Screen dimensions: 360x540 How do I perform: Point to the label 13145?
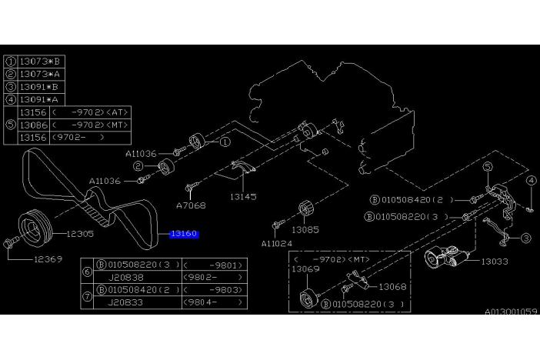[x=242, y=197]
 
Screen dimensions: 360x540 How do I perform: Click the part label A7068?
[x=190, y=205]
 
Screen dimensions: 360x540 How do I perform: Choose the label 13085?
[x=305, y=228]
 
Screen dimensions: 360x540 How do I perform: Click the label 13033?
[x=497, y=262]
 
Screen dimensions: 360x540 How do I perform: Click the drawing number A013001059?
[x=511, y=312]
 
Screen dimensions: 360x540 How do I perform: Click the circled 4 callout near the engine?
[x=531, y=182]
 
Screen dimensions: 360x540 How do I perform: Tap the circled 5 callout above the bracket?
[x=487, y=166]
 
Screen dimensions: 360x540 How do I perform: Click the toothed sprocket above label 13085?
[x=304, y=208]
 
